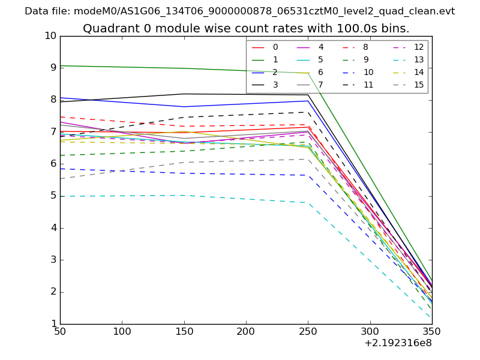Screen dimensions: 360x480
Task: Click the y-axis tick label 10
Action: pos(50,36)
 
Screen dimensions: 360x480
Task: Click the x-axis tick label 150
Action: pos(184,331)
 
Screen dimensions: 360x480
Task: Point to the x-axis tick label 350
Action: pos(431,331)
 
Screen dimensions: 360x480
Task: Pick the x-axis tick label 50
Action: pos(60,331)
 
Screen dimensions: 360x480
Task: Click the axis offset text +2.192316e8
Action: pos(398,343)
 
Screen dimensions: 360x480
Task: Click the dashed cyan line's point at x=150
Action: pos(184,195)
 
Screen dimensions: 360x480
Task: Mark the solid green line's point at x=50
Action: pos(61,65)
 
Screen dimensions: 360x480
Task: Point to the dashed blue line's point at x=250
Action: pos(308,175)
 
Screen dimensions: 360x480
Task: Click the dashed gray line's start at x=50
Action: pos(61,179)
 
